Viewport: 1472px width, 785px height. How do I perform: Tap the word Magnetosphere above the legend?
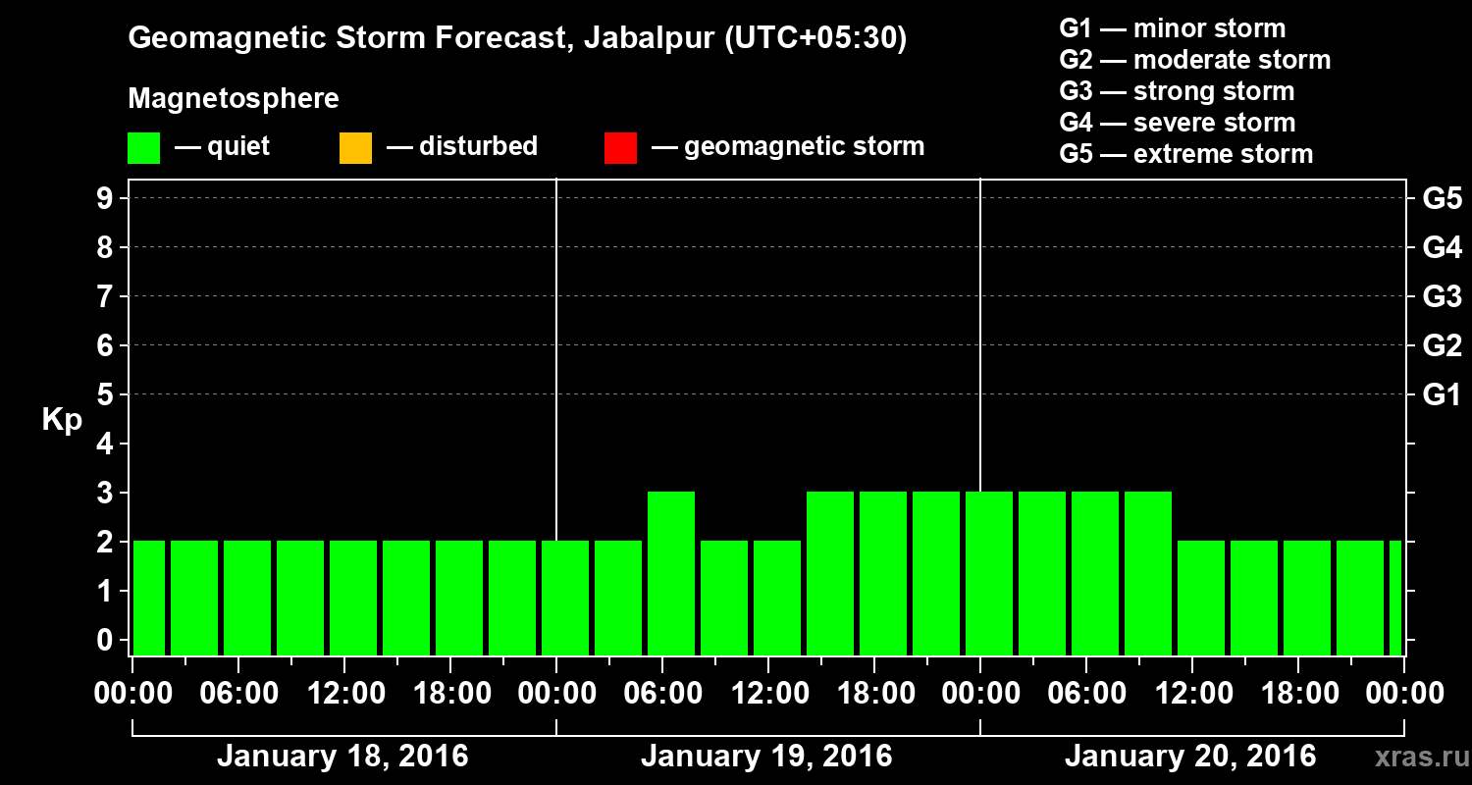234,99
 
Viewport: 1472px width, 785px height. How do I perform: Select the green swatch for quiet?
143,148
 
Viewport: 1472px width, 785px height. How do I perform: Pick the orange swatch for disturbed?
355,148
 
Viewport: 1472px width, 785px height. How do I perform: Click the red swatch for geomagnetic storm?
620,148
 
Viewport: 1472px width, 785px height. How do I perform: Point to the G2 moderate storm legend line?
1194,60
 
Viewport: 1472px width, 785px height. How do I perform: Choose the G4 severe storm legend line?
1177,123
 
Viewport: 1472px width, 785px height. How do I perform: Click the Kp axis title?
62,420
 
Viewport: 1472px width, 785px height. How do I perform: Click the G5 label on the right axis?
1442,199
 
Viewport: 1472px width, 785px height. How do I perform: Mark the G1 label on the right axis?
1442,395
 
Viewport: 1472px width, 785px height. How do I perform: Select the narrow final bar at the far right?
1395,598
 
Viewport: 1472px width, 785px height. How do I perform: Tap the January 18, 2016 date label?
342,757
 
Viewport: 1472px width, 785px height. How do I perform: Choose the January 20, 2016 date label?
1190,757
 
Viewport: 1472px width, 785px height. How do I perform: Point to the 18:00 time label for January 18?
452,693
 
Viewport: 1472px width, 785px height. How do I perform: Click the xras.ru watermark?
1413,757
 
